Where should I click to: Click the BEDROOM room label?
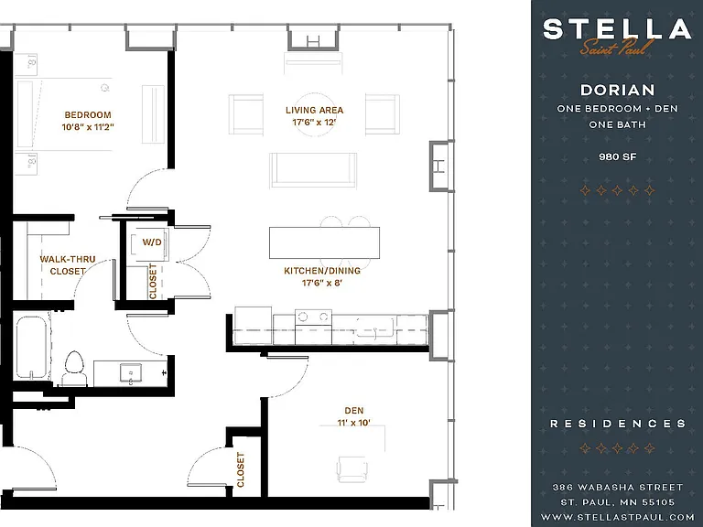click(88, 114)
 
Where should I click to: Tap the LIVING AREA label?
click(314, 110)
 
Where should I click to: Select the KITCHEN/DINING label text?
click(322, 271)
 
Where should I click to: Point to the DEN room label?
click(354, 411)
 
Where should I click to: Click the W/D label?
click(152, 242)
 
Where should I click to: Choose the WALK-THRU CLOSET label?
click(68, 264)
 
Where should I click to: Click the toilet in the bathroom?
click(74, 369)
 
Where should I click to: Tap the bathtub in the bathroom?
click(31, 348)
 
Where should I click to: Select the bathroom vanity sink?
click(131, 373)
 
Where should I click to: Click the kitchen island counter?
click(324, 242)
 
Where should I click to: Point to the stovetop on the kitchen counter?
click(313, 317)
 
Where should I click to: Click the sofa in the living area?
click(313, 169)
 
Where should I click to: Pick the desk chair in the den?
click(352, 469)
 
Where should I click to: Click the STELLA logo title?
click(617, 29)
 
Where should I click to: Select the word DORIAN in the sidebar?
click(617, 90)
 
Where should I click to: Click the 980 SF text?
click(617, 156)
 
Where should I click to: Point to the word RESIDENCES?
click(618, 424)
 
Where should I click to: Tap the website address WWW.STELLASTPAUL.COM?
click(617, 517)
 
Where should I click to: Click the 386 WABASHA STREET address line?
click(617, 487)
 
